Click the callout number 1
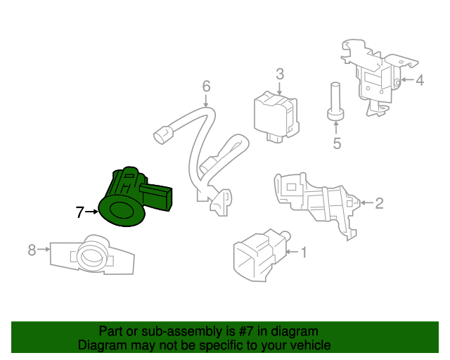click(304, 251)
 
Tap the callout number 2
click(379, 204)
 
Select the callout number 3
click(279, 74)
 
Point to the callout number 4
click(420, 81)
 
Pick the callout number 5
click(337, 144)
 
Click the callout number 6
click(206, 86)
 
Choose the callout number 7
click(80, 211)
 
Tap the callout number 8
click(32, 249)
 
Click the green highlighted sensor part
click(130, 197)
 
